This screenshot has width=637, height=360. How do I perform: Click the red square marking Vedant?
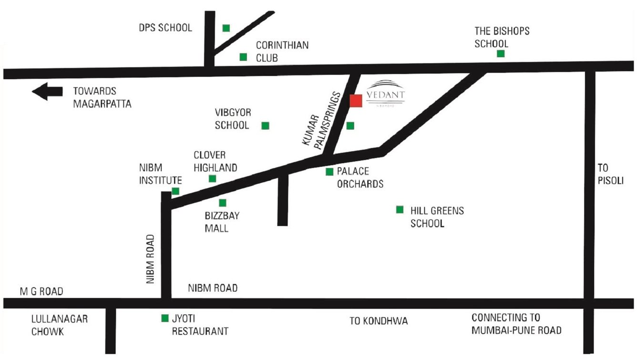point(356,101)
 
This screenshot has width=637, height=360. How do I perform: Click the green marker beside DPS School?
point(226,28)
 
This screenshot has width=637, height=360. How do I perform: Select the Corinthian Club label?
point(282,51)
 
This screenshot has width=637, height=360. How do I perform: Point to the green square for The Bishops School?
point(501,53)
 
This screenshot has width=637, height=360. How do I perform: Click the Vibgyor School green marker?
point(265,125)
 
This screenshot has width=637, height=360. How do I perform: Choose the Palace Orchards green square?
point(329,172)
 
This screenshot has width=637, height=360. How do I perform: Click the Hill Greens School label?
point(437,217)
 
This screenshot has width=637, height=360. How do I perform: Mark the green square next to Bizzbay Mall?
point(223,203)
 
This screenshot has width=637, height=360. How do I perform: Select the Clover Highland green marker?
point(213,178)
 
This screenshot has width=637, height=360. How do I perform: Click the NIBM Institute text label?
point(160,174)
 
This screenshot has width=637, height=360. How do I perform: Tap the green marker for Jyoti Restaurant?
point(165,318)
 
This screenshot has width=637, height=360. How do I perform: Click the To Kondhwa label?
point(379,321)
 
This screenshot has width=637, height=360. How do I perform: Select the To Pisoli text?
point(611,174)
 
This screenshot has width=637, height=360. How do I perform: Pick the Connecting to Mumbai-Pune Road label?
point(516,324)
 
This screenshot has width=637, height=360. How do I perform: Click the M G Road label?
point(41,291)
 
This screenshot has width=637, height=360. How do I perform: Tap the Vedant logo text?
point(386,95)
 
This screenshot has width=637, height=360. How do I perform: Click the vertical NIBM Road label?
point(151,259)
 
